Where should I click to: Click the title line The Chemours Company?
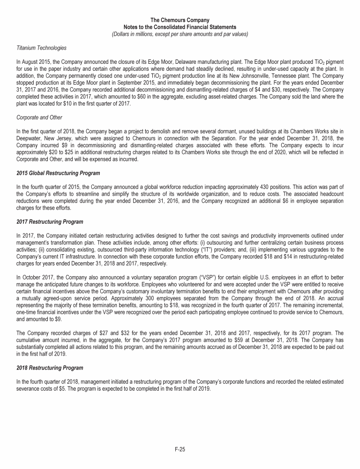[180, 20]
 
